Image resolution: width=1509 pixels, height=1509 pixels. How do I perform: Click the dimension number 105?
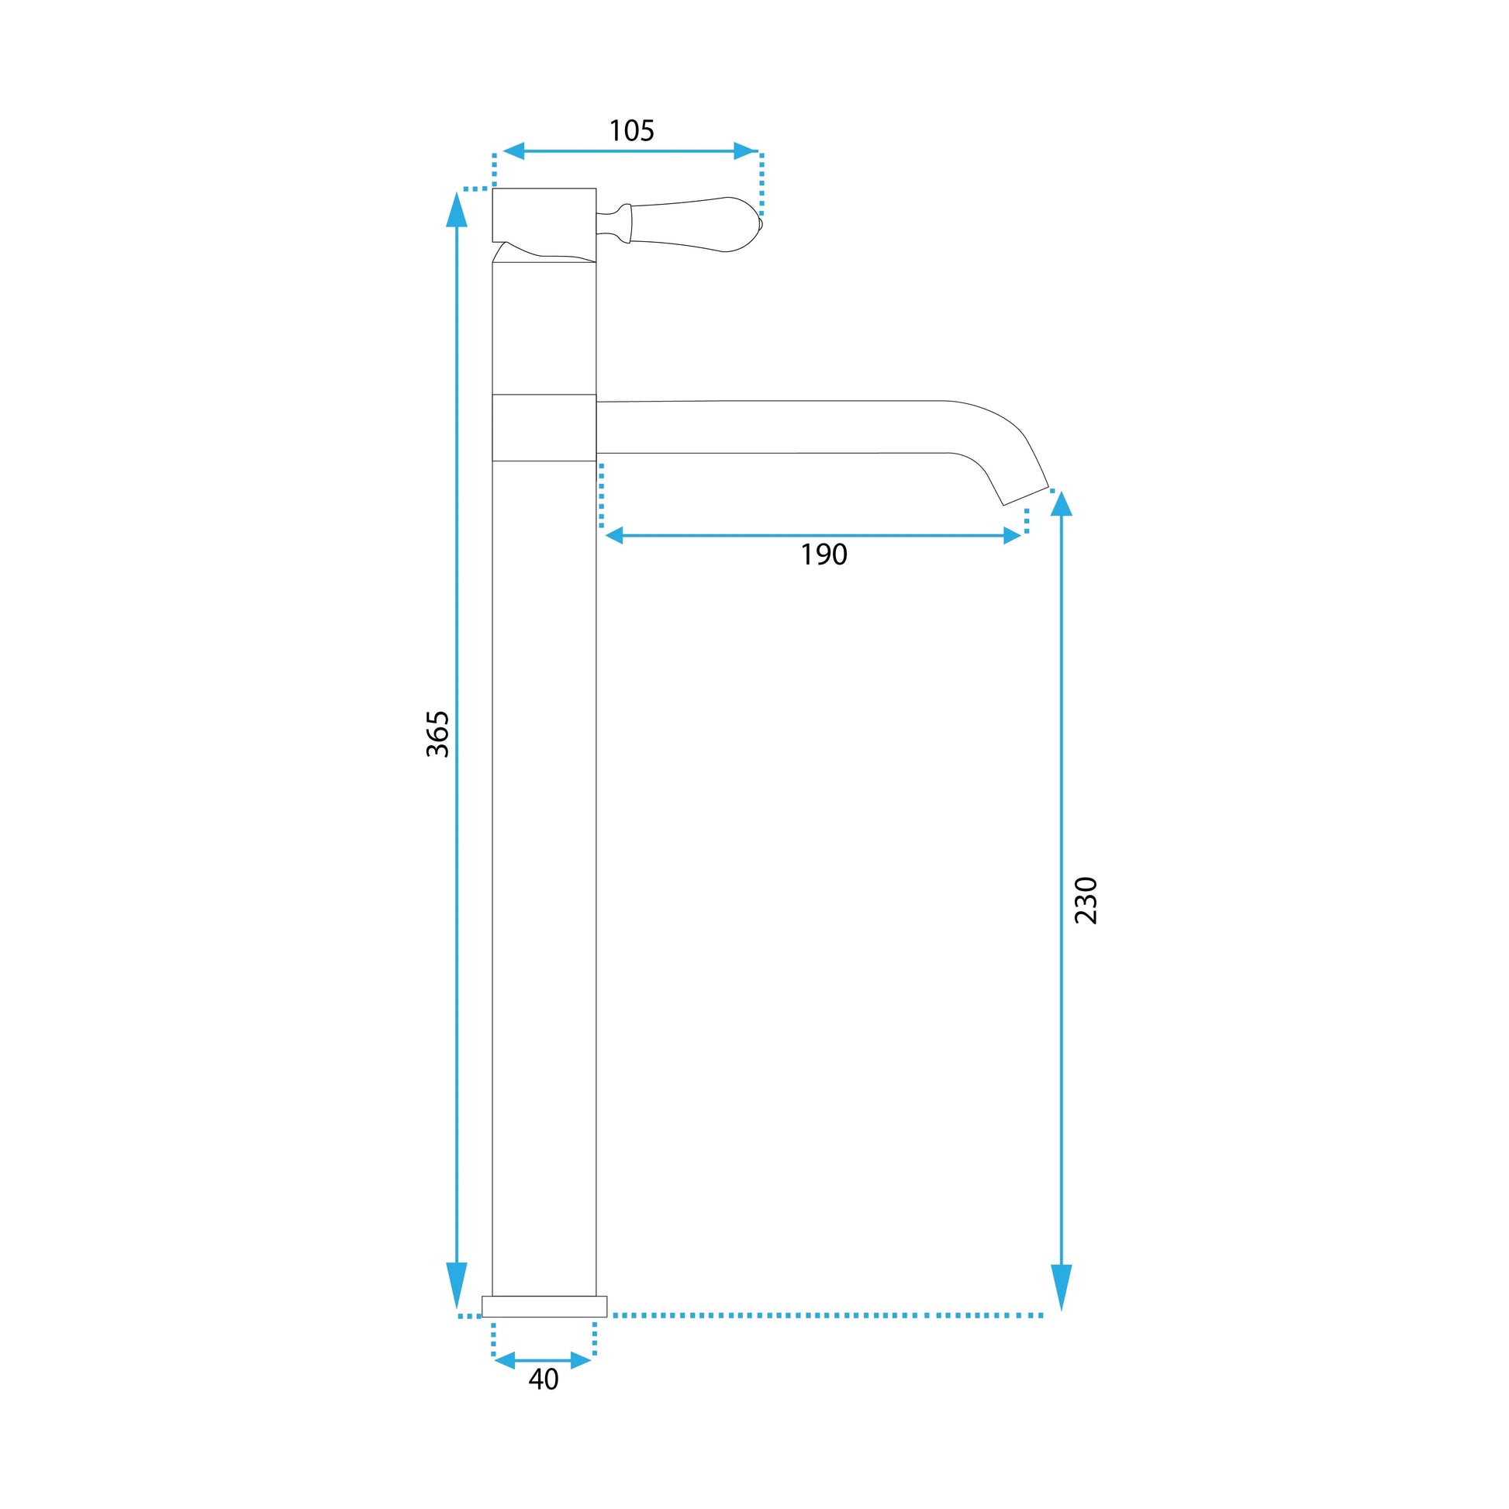pos(631,130)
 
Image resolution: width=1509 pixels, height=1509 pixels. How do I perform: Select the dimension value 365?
pos(438,734)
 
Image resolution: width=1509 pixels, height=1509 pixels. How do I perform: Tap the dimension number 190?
pos(824,554)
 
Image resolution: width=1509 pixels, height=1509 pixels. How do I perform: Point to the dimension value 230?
pos(1086,900)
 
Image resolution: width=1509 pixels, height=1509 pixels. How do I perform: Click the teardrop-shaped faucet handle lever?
pos(695,224)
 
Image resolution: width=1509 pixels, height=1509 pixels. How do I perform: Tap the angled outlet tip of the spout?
pos(1026,496)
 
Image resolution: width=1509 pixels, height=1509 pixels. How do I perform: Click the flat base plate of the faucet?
pos(544,1306)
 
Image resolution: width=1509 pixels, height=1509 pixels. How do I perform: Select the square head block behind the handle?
pos(544,215)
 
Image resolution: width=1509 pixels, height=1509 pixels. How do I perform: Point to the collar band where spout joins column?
pos(544,427)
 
